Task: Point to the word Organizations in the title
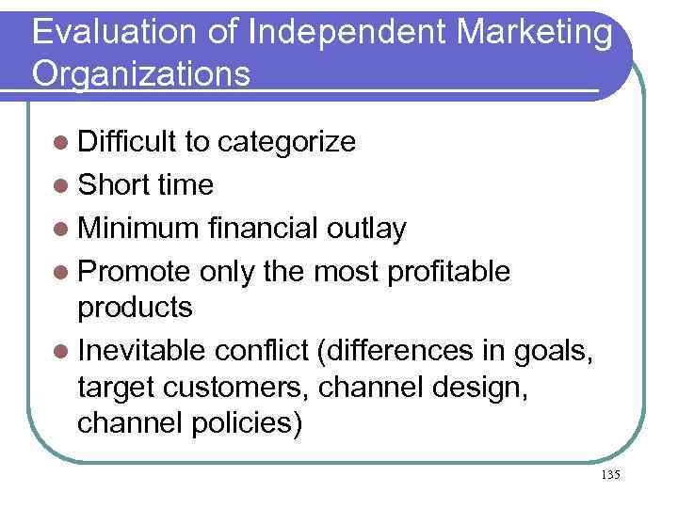click(141, 72)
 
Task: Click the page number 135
click(609, 475)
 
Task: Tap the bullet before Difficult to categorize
click(61, 142)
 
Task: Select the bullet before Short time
click(61, 185)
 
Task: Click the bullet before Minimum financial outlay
click(61, 229)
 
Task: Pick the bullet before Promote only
click(61, 272)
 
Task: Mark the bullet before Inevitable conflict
click(61, 351)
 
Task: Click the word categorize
click(286, 142)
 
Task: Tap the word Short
click(114, 185)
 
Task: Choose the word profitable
click(447, 272)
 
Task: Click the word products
click(136, 307)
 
